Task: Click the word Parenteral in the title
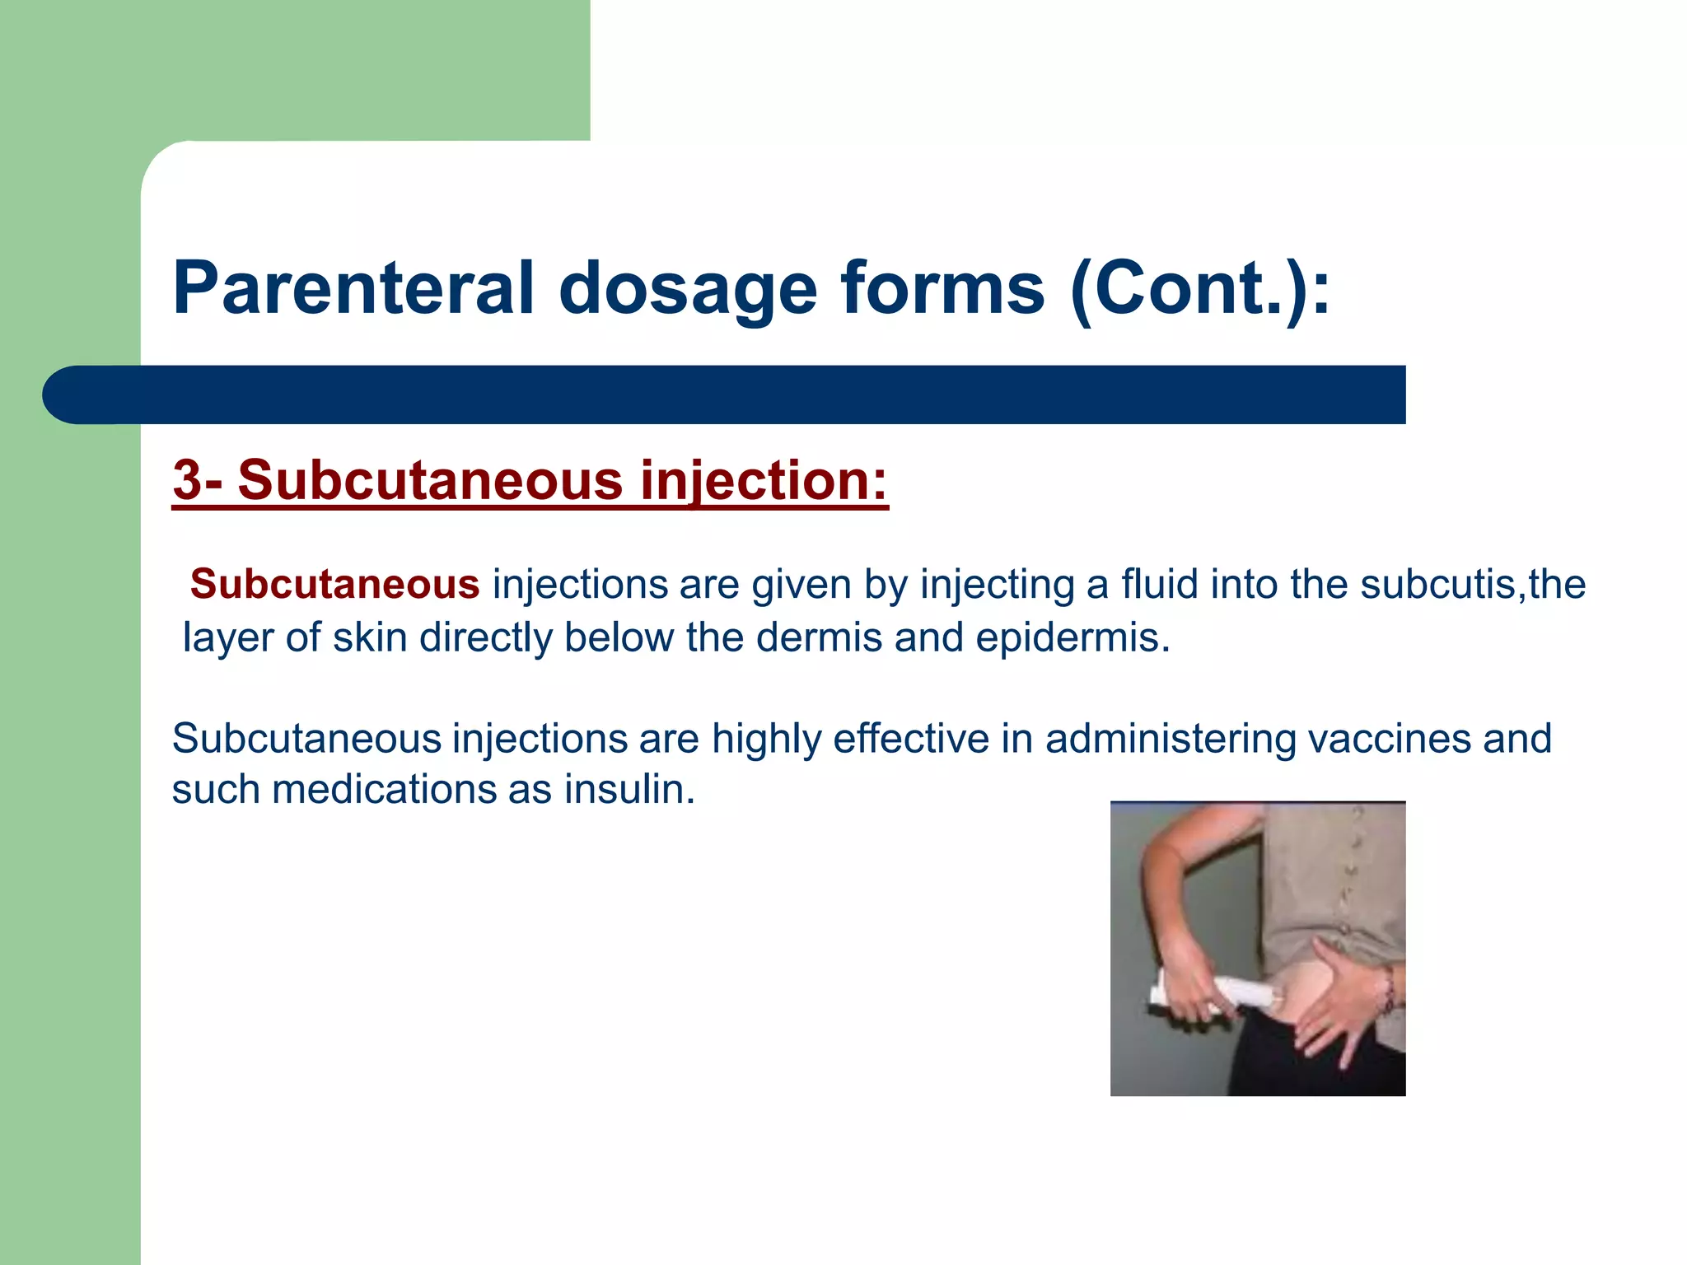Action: coord(353,288)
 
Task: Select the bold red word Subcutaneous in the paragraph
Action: coord(334,585)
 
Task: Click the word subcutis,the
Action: coord(1472,584)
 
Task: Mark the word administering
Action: coord(1171,740)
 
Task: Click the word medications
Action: coord(384,789)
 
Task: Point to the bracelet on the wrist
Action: coord(1389,988)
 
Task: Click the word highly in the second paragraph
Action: coord(766,740)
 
